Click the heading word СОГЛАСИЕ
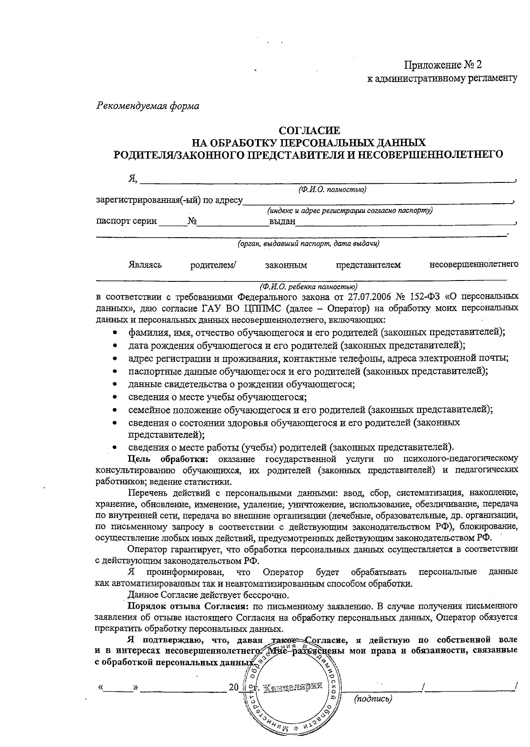tap(309, 131)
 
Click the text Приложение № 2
tap(443, 65)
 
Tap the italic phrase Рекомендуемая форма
tap(148, 106)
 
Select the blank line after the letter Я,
tap(327, 180)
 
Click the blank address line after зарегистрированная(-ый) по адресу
tap(378, 201)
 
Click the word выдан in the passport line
tap(282, 221)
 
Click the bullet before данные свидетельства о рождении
tap(115, 385)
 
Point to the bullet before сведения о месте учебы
tap(115, 397)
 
